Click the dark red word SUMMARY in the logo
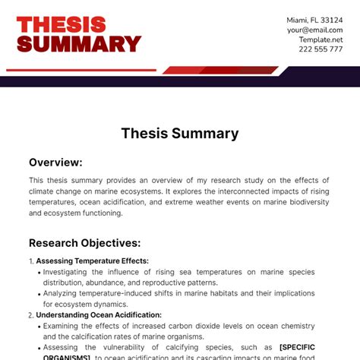(79, 44)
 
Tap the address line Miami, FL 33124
(314, 20)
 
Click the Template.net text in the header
(321, 39)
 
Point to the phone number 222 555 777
(320, 49)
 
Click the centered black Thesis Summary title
(180, 134)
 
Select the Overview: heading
(55, 162)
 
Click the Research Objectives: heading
(84, 243)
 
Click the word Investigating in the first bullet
(69, 271)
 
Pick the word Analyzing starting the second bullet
(64, 292)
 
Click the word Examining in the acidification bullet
(65, 325)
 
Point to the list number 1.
(30, 261)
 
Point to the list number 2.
(30, 314)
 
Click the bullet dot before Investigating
(39, 271)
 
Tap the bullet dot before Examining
(39, 325)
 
